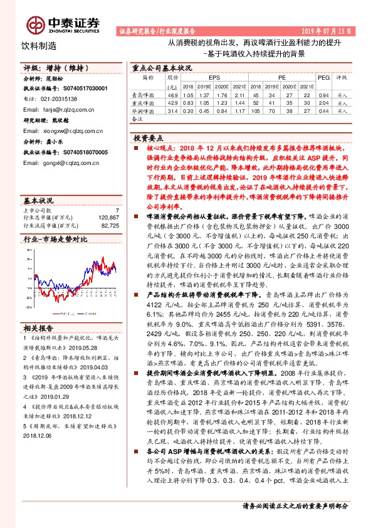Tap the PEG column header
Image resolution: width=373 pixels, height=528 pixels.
(x=323, y=78)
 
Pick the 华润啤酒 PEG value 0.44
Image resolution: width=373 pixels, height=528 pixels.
(x=323, y=110)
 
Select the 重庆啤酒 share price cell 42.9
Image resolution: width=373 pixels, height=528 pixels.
(x=173, y=102)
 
